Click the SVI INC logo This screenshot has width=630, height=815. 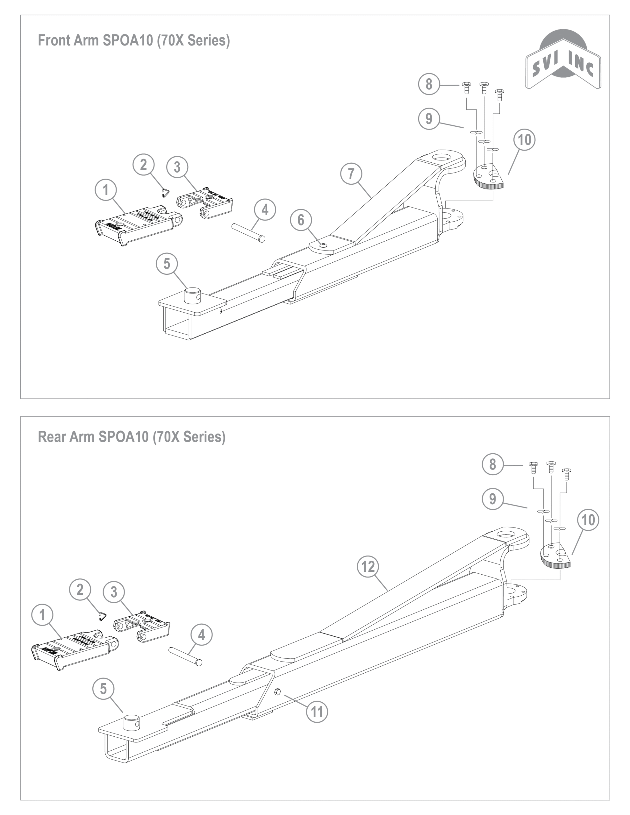point(563,60)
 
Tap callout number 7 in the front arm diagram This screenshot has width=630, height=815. point(351,174)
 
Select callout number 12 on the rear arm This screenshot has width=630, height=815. point(368,566)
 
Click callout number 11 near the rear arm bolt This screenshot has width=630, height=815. point(317,712)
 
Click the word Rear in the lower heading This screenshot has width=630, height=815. point(51,436)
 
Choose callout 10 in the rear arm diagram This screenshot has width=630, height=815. point(588,520)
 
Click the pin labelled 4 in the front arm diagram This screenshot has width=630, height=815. point(249,232)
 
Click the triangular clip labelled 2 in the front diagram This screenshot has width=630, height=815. point(165,193)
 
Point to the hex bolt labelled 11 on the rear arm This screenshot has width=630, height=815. point(277,691)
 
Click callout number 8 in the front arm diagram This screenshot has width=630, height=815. point(429,84)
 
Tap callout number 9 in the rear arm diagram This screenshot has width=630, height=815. point(493,499)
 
